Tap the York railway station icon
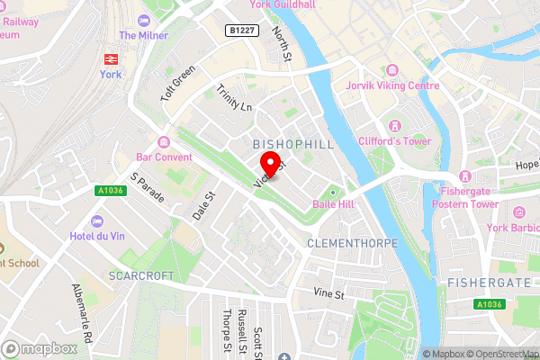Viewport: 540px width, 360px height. [x=111, y=57]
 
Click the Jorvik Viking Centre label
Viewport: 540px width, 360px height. [x=392, y=85]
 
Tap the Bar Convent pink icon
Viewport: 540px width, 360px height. [x=163, y=141]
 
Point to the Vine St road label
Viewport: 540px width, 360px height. [x=329, y=294]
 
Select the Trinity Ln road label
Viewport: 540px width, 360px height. [x=235, y=98]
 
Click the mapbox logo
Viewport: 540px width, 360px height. [x=39, y=348]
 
